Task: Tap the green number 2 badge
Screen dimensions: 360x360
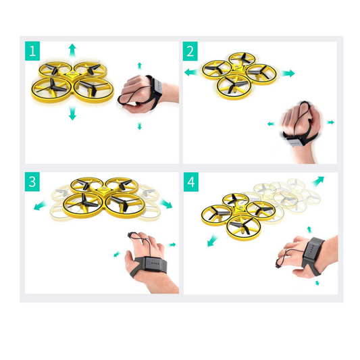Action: click(191, 51)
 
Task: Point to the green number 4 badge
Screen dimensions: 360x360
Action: click(191, 182)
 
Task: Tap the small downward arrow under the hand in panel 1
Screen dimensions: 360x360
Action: click(140, 126)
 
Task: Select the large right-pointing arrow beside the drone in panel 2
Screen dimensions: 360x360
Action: click(289, 73)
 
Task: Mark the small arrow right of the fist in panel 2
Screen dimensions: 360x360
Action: click(330, 122)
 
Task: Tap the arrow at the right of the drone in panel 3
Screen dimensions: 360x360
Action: click(165, 203)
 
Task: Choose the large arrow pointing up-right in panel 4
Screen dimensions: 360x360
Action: click(317, 180)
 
